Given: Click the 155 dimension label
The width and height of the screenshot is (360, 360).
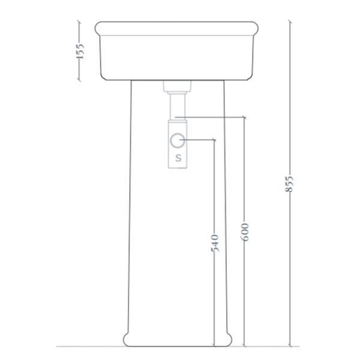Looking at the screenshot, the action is point(80,51).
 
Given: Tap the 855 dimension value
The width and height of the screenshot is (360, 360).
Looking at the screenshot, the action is point(289,184).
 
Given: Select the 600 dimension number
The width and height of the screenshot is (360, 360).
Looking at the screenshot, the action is point(245,232).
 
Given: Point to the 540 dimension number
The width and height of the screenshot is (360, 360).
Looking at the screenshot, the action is point(215,243).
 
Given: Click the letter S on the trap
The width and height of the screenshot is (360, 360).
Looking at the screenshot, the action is point(178,158).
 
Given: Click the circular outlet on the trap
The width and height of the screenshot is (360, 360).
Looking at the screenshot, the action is point(177,140).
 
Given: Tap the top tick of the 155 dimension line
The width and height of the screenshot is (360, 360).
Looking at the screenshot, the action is point(79,22).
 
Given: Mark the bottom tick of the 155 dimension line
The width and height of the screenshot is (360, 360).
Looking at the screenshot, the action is point(79,80).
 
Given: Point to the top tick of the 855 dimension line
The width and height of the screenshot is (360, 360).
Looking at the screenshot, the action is point(290,22).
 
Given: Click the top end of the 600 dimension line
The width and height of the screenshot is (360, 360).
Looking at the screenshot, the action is point(244,118).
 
